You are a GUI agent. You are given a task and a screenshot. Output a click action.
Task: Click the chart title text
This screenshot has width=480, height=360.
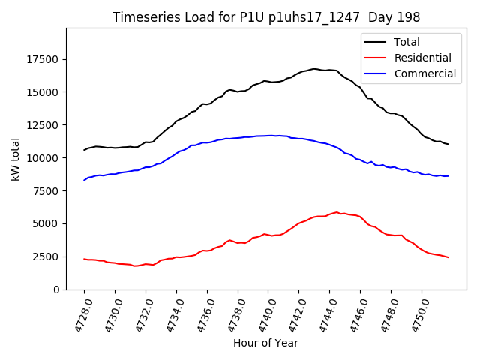pyautogui.click(x=266, y=17)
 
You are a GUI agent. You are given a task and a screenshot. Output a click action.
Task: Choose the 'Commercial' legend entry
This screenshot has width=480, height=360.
pyautogui.click(x=424, y=73)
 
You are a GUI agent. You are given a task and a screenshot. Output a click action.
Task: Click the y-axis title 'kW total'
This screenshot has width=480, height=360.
pyautogui.click(x=15, y=159)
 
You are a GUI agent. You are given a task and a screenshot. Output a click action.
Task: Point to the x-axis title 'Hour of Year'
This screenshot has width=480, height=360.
pyautogui.click(x=265, y=343)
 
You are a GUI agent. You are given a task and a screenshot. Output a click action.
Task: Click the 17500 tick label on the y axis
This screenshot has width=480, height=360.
pyautogui.click(x=43, y=59)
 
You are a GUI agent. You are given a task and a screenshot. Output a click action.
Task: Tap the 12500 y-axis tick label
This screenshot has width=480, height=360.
pyautogui.click(x=43, y=125)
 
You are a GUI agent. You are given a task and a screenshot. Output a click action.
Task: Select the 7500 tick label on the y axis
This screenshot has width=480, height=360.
pyautogui.click(x=46, y=191)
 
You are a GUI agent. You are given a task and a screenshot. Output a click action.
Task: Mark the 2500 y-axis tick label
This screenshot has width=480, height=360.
pyautogui.click(x=46, y=256)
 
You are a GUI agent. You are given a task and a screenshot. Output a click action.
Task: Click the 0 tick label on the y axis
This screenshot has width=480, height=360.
pyautogui.click(x=56, y=289)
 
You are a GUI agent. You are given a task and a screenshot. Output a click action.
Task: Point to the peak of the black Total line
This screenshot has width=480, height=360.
pyautogui.click(x=314, y=68)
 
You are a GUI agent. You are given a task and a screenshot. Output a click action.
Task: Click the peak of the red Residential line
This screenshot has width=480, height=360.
pyautogui.click(x=337, y=212)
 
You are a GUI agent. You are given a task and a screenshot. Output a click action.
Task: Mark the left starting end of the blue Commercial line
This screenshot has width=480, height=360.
pyautogui.click(x=84, y=180)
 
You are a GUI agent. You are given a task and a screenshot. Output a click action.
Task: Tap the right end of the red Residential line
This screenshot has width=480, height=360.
pyautogui.click(x=448, y=257)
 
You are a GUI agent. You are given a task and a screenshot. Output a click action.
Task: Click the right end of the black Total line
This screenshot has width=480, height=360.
pyautogui.click(x=448, y=144)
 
